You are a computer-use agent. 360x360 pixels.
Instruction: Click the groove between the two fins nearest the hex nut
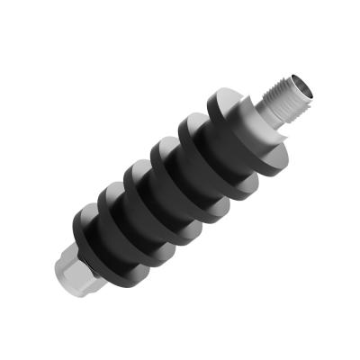click(117, 238)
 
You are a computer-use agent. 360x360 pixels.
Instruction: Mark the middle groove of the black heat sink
click(171, 193)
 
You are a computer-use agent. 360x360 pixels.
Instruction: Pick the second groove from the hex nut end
click(144, 216)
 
